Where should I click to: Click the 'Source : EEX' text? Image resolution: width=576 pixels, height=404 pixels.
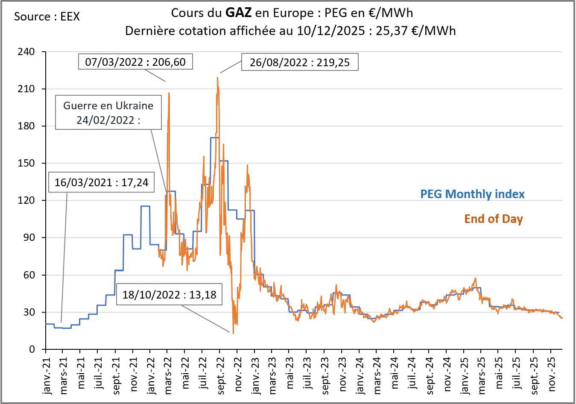[47, 17]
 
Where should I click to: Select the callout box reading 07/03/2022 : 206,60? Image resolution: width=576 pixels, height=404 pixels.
[135, 62]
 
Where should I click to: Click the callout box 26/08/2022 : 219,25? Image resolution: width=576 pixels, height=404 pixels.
[300, 62]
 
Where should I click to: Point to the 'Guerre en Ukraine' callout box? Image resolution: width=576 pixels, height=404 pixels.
[108, 113]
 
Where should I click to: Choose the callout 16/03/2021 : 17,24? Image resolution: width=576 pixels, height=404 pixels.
[101, 182]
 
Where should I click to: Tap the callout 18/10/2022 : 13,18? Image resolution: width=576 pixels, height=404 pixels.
[169, 294]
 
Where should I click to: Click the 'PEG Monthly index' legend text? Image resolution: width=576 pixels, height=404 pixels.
[472, 194]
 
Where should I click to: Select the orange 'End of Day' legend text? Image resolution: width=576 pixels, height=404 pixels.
[493, 219]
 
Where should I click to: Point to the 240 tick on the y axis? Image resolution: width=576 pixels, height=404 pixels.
[26, 52]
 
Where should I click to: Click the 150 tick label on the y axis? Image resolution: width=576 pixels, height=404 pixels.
[26, 163]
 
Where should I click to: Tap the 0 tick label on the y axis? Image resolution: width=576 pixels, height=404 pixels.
[32, 349]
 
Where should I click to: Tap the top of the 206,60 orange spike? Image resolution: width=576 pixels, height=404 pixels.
[169, 93]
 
